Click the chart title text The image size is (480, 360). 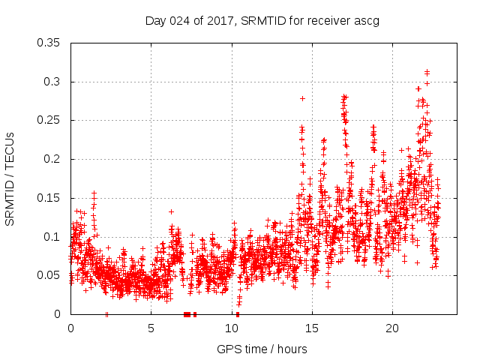tap(262, 20)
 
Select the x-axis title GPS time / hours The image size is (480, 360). tap(262, 349)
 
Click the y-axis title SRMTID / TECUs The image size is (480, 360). tap(10, 179)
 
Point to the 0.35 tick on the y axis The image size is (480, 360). tap(50, 43)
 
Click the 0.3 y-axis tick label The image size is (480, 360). tap(53, 82)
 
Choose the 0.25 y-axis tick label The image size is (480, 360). tap(50, 120)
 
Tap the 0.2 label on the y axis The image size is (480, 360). tap(53, 159)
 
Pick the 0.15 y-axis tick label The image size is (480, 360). tap(50, 198)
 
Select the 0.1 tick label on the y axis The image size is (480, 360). tap(53, 236)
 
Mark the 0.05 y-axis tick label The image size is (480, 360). tap(50, 275)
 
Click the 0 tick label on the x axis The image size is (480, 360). tap(70, 328)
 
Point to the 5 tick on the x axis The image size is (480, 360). tap(151, 328)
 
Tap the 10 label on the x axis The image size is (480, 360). tap(231, 328)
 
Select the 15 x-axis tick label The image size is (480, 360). tap(311, 328)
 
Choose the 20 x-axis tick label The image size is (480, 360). tap(391, 328)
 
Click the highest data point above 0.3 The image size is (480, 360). tap(427, 72)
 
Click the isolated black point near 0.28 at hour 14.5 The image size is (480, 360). tap(302, 98)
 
